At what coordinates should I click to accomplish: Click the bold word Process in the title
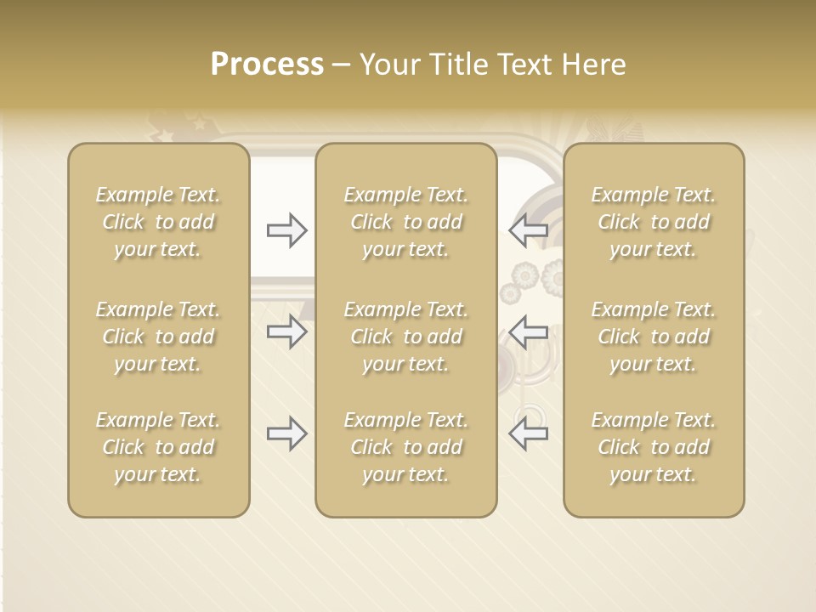pyautogui.click(x=267, y=65)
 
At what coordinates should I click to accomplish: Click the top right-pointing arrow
pyautogui.click(x=286, y=230)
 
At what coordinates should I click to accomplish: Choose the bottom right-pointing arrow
pyautogui.click(x=286, y=433)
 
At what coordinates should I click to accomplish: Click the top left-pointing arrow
pyautogui.click(x=529, y=230)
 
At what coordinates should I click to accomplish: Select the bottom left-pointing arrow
pyautogui.click(x=529, y=433)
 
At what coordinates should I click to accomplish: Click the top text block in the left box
pyautogui.click(x=158, y=222)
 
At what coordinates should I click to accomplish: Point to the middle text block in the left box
pyautogui.click(x=158, y=337)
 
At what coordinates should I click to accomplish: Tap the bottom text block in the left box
pyautogui.click(x=158, y=447)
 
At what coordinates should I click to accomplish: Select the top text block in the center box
pyautogui.click(x=406, y=222)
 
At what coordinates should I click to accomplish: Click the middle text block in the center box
pyautogui.click(x=406, y=337)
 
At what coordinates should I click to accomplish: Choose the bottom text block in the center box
pyautogui.click(x=406, y=447)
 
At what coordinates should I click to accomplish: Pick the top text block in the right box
pyautogui.click(x=654, y=222)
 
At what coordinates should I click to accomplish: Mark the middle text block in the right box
pyautogui.click(x=654, y=337)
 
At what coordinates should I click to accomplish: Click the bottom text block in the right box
pyautogui.click(x=654, y=447)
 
